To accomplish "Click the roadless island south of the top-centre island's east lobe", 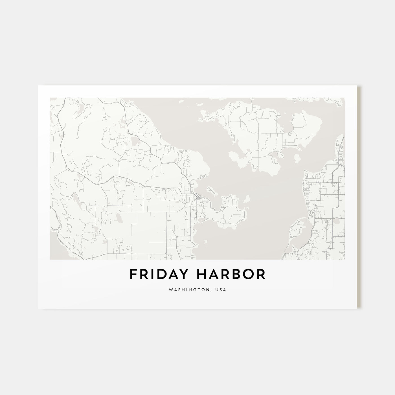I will (x=297, y=157).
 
